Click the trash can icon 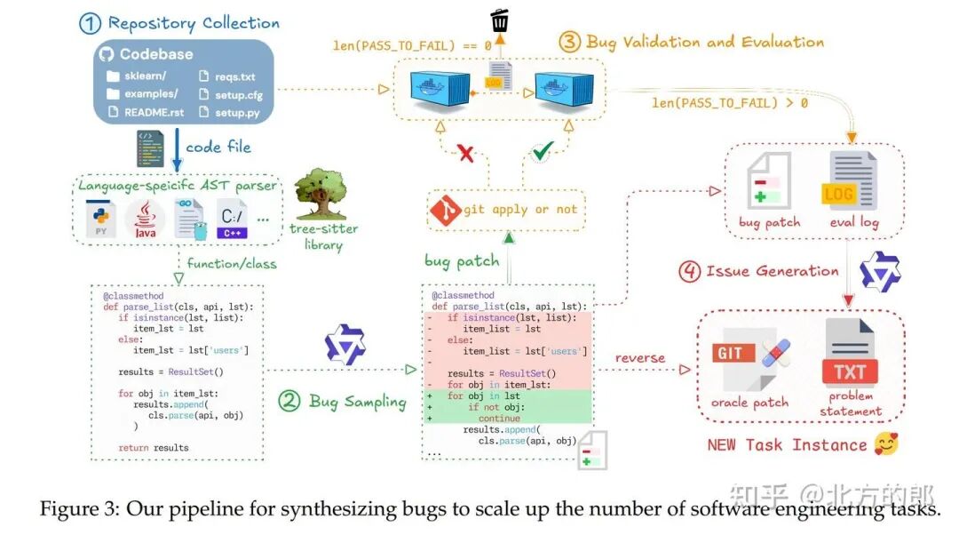click(500, 20)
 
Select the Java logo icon click(146, 219)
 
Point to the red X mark click(465, 153)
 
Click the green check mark click(542, 152)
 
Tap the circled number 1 click(90, 23)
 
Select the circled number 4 click(689, 271)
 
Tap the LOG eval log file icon click(852, 182)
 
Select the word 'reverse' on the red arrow click(639, 358)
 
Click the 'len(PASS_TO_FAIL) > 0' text click(730, 103)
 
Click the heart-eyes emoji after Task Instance click(885, 444)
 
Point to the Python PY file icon click(100, 219)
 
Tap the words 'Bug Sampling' click(357, 402)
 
